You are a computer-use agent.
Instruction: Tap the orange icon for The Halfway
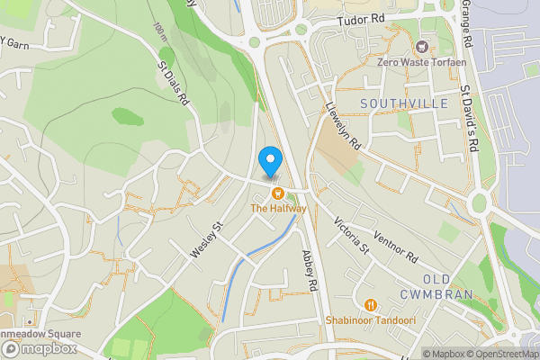click(x=279, y=193)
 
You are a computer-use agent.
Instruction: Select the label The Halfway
click(x=278, y=209)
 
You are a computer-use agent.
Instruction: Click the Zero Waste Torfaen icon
click(x=419, y=47)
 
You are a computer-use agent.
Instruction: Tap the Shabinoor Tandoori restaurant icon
click(x=372, y=304)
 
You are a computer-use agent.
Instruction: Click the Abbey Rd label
click(x=311, y=270)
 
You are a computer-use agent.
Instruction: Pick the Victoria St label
click(x=352, y=234)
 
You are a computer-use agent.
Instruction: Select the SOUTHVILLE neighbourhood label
click(x=404, y=104)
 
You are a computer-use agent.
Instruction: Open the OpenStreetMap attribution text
click(x=494, y=353)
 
